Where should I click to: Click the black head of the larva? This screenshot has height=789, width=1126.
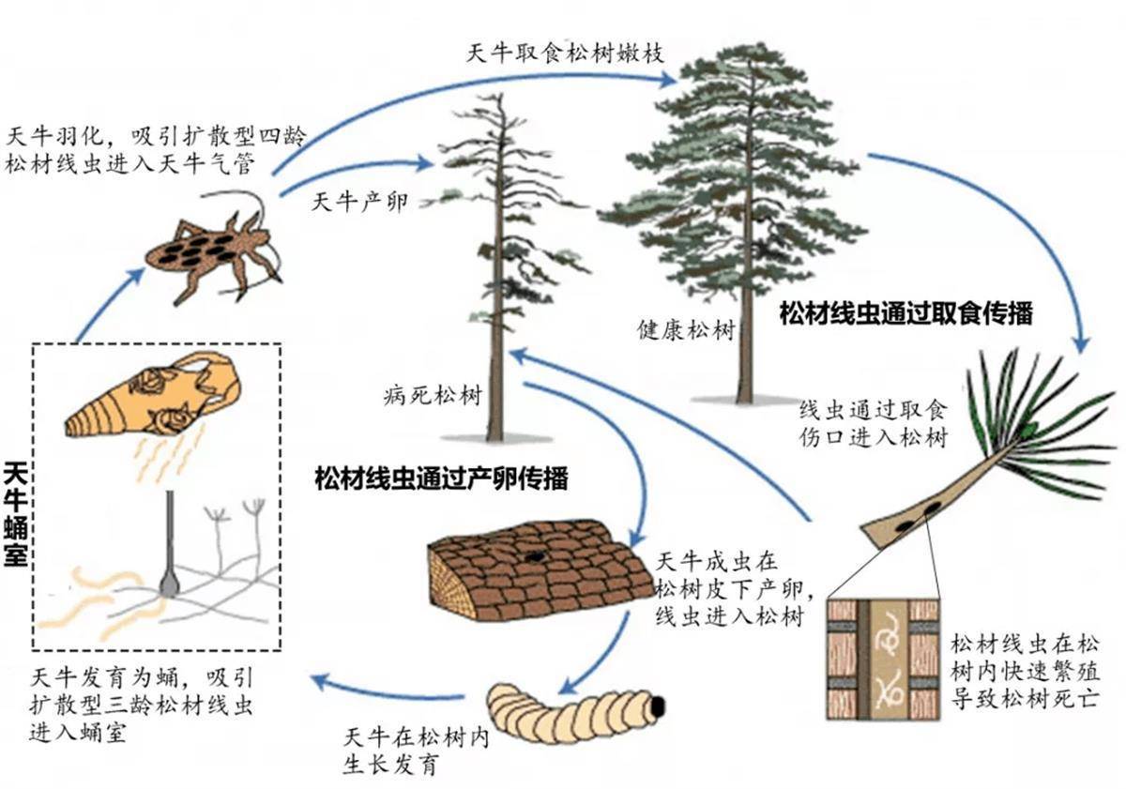click(x=658, y=706)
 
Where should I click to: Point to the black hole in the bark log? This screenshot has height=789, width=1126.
click(x=534, y=556)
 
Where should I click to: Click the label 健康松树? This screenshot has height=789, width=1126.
click(x=687, y=330)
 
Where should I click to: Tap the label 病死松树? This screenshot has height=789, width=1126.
click(x=433, y=396)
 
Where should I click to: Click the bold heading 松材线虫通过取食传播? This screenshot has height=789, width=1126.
click(x=905, y=313)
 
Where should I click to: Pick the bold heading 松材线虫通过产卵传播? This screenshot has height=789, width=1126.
click(x=441, y=478)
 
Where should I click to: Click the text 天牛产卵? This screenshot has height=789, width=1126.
click(x=360, y=203)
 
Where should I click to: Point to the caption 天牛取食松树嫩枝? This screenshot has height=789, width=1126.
click(x=565, y=53)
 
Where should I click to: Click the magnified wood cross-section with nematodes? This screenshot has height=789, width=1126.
click(x=883, y=660)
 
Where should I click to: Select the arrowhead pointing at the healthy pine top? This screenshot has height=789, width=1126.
click(x=666, y=79)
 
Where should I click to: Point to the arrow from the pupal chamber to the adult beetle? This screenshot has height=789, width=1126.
click(x=108, y=301)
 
